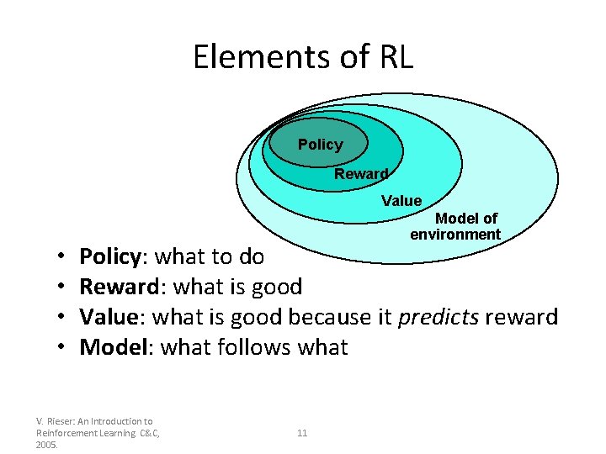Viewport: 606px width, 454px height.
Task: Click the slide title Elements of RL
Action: coord(303,57)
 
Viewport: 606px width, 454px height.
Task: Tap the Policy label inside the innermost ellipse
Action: coord(320,145)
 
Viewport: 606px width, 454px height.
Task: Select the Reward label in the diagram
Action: coord(361,174)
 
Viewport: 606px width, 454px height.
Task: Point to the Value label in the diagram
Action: coord(401,200)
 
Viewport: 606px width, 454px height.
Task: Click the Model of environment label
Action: coord(455,226)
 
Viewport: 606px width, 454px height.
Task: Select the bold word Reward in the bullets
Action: coord(119,287)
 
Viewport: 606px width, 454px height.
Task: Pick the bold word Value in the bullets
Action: coord(109,317)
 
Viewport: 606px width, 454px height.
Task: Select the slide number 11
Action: coord(302,433)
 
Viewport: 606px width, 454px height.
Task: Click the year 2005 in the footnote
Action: coord(47,444)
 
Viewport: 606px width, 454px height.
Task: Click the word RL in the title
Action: coord(393,57)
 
